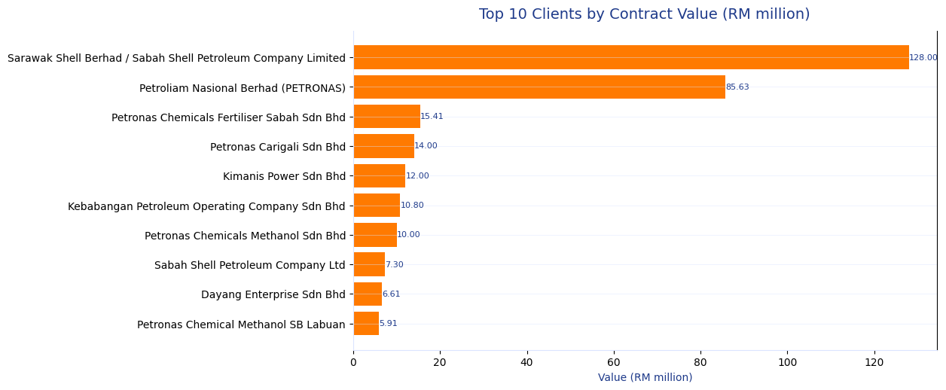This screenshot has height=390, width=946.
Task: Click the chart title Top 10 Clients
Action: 644,14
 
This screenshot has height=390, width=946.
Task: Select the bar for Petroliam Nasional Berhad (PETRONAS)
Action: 539,87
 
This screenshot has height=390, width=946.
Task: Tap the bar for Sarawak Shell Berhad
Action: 630,57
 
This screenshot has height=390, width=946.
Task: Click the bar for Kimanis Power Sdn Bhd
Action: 379,176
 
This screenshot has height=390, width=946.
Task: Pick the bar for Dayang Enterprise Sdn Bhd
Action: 368,294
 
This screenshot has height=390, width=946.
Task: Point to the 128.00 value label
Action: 923,58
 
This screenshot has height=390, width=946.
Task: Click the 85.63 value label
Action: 737,87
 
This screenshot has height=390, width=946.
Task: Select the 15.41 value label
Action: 432,117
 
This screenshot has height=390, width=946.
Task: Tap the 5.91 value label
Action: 388,324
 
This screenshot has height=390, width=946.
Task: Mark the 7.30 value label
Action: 394,265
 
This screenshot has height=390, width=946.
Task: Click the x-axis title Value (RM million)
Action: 645,378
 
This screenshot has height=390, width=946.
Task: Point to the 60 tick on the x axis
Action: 614,363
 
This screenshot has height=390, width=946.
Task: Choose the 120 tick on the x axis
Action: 874,363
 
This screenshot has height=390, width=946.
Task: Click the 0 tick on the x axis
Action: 353,363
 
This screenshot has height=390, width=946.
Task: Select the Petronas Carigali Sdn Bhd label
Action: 277,147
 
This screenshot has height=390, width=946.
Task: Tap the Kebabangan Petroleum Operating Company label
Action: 206,206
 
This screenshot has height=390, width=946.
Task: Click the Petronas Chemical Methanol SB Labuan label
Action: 241,324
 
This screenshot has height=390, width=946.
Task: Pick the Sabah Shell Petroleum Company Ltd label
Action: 249,265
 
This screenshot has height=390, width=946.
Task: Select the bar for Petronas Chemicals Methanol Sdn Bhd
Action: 375,235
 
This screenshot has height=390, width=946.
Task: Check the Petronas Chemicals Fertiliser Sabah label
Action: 228,117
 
